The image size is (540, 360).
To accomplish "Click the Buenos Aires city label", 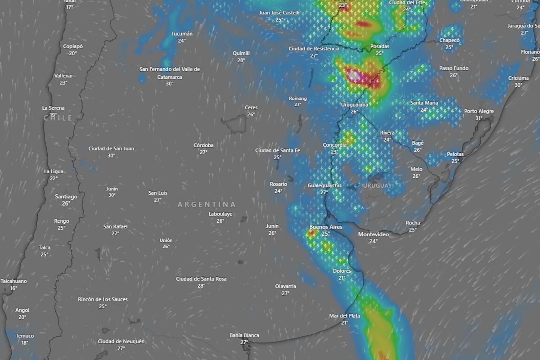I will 326,227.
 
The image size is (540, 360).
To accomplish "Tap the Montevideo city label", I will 373,234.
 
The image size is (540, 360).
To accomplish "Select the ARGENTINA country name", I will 207,204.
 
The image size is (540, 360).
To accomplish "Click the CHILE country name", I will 58,118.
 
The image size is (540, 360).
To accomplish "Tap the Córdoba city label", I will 203,145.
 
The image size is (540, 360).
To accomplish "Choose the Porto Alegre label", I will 479,111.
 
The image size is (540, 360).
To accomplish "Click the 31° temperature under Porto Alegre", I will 479,118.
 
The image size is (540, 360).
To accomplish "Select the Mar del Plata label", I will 344,316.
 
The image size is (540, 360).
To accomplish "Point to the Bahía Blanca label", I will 244,335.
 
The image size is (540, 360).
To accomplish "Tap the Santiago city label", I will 66,196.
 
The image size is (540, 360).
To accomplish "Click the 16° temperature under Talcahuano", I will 13,288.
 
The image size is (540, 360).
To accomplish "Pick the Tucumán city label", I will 182,34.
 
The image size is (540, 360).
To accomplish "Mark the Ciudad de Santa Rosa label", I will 201,279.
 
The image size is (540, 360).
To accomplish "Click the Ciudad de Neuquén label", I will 121,342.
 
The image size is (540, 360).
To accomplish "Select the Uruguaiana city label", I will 355,105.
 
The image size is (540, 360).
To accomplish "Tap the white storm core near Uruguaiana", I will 354,75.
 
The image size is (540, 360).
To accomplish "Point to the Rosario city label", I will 279,184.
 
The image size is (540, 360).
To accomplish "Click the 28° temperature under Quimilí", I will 241,60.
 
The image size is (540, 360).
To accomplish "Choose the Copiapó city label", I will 73,46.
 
